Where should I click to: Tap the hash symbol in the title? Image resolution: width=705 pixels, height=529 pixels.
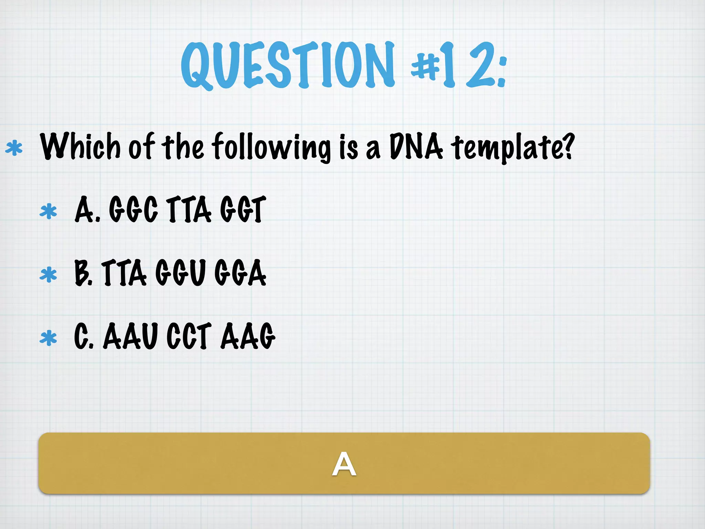[425, 65]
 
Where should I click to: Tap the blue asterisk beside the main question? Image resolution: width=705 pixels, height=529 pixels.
[14, 148]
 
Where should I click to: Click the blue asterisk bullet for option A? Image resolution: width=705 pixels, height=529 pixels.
[48, 211]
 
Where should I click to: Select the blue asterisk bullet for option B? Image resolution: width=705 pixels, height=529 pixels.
[48, 275]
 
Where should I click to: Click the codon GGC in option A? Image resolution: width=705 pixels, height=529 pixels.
[133, 209]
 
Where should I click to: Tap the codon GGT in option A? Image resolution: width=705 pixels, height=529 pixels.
[243, 209]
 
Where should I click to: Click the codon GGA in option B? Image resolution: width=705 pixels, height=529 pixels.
[240, 273]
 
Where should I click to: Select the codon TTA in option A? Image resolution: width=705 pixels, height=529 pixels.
[189, 209]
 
